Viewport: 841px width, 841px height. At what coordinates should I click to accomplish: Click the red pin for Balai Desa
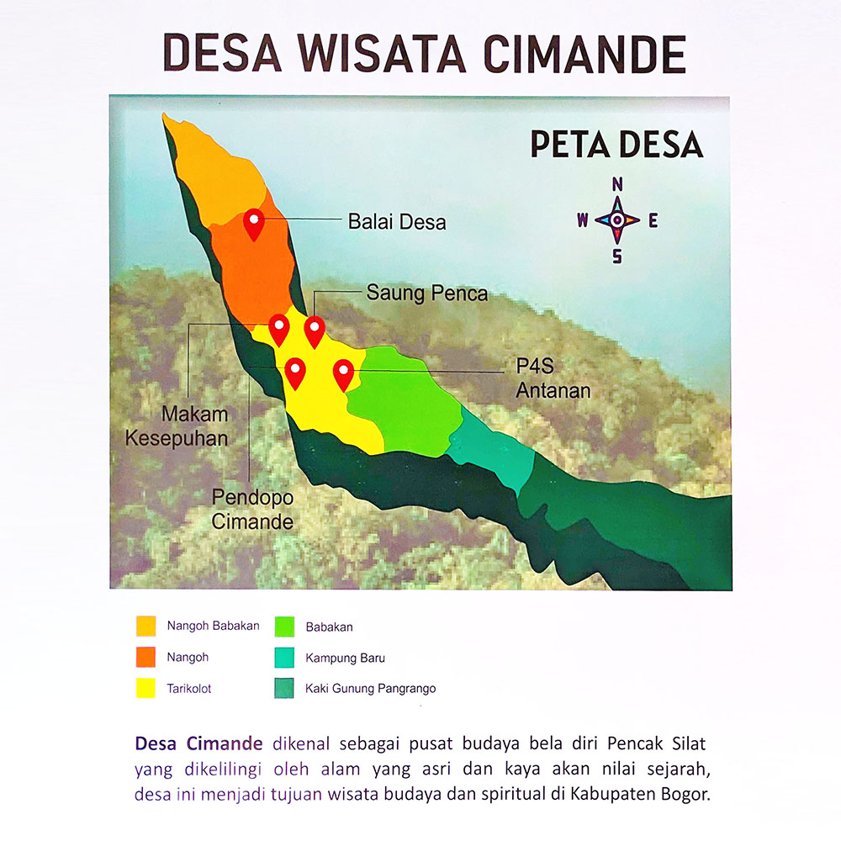(253, 223)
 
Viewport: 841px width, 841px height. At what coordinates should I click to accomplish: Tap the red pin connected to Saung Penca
(315, 330)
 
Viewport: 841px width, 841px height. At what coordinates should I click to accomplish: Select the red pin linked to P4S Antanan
(343, 373)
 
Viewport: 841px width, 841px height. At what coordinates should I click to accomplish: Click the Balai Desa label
(396, 222)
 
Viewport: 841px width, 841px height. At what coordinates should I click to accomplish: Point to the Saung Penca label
(426, 293)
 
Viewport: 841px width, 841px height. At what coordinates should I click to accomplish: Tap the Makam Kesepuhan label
(194, 426)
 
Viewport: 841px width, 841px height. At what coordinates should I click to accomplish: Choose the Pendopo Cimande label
(252, 509)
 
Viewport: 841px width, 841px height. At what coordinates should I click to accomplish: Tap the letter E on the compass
(653, 221)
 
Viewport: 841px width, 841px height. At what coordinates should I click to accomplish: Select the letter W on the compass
(582, 221)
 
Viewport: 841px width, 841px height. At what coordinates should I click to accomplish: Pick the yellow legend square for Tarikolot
(146, 689)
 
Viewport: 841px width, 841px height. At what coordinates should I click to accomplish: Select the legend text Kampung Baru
(345, 658)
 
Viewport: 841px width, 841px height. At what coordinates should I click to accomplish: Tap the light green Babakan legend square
(284, 627)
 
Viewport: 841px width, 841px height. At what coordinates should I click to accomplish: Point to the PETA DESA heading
(616, 145)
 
